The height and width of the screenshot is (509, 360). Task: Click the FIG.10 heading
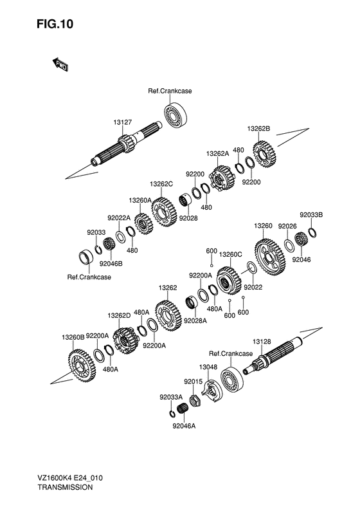tap(55, 24)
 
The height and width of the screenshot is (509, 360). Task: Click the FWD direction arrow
tap(60, 65)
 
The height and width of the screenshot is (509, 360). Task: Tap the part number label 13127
tap(123, 122)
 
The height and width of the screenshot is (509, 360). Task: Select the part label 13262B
tap(258, 129)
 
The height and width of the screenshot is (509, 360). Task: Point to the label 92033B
tap(311, 215)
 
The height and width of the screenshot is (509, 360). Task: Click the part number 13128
tap(262, 342)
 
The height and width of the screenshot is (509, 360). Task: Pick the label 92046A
tap(184, 426)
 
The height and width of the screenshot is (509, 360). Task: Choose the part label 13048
tap(208, 367)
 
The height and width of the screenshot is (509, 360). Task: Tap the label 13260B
tap(73, 337)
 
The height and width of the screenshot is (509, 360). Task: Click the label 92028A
tap(195, 320)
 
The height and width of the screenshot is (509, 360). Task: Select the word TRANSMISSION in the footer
tap(65, 487)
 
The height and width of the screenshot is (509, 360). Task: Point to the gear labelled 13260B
tap(82, 367)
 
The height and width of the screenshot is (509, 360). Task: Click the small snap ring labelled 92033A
tap(172, 413)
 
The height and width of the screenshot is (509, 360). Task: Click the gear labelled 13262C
tap(163, 211)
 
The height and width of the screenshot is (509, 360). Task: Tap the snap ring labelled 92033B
tap(312, 233)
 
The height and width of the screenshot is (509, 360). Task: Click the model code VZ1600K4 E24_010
tap(70, 478)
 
